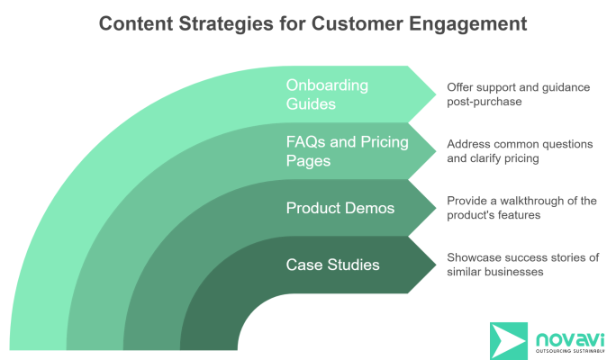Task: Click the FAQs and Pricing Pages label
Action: [347, 150]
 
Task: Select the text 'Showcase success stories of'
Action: [522, 257]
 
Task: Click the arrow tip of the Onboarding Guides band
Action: [433, 94]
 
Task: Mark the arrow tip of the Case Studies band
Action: [433, 265]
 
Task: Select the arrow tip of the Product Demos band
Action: [433, 208]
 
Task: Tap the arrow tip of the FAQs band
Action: [433, 150]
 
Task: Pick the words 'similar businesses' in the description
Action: [494, 272]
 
